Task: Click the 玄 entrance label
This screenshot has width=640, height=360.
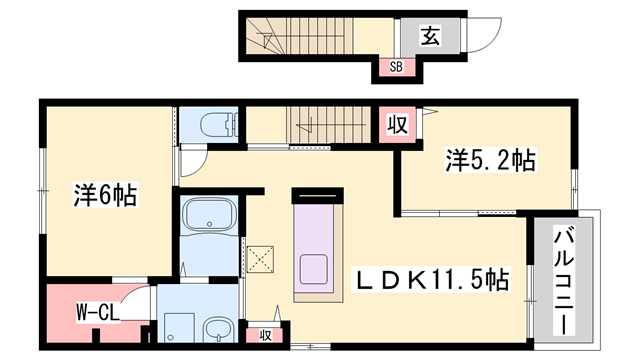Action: point(428,37)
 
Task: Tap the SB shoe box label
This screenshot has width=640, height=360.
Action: point(395,68)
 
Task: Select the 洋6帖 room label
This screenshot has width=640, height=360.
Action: point(104,194)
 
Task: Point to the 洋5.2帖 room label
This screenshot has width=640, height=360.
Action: point(490,160)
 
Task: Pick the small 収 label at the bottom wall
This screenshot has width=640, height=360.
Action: point(267,334)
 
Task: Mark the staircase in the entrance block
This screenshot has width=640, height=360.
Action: point(273,40)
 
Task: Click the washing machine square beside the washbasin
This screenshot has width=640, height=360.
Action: point(178,326)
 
